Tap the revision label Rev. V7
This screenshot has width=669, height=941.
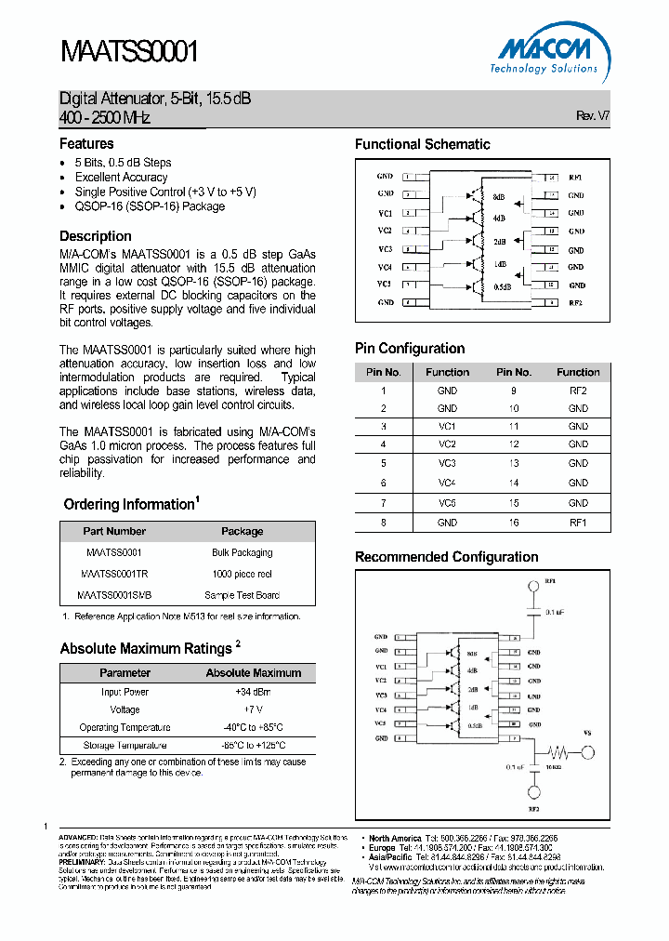593,115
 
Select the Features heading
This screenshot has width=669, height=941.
86,144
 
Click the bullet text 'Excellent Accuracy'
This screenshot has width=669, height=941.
121,178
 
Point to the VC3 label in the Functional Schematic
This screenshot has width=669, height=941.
385,249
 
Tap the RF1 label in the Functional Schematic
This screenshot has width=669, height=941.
576,177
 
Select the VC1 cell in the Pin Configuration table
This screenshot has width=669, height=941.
447,426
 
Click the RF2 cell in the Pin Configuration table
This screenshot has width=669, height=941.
578,391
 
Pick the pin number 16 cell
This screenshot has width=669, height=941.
513,524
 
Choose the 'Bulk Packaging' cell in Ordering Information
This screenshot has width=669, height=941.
242,552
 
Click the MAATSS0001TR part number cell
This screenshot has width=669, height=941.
114,574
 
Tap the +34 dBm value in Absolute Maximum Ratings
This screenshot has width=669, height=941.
253,692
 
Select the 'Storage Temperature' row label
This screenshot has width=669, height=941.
125,746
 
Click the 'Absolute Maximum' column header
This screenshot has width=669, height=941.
253,673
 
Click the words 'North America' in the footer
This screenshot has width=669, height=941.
394,839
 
